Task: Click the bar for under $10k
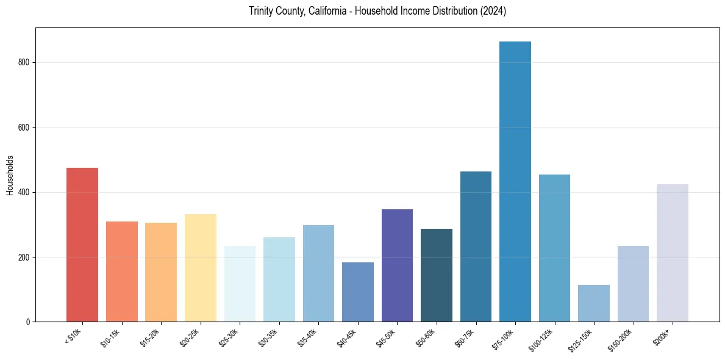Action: point(82,244)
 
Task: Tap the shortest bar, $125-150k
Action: point(594,303)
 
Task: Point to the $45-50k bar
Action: point(397,265)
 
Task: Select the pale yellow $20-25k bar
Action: point(201,268)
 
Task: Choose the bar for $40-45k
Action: point(358,292)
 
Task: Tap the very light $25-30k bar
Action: point(240,284)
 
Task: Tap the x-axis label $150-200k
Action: point(621,339)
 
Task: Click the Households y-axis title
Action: point(10,175)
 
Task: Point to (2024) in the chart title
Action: point(495,11)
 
